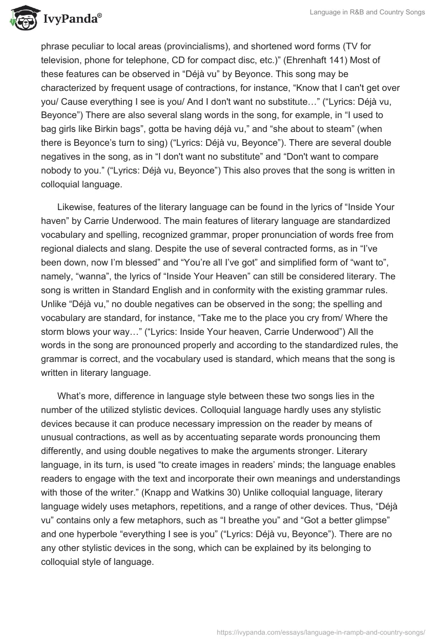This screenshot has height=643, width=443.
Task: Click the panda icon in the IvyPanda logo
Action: pyautogui.click(x=22, y=18)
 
